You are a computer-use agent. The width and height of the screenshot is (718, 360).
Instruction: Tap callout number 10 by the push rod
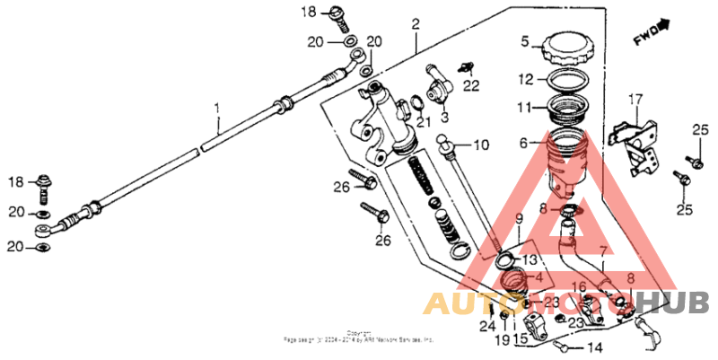(x=481, y=144)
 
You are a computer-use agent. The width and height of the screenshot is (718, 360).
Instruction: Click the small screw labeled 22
(x=465, y=66)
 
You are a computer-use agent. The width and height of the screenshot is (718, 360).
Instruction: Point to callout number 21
(x=423, y=122)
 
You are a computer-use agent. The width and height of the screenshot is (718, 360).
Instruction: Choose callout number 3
(x=442, y=116)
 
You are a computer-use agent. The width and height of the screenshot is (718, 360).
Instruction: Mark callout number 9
(x=519, y=220)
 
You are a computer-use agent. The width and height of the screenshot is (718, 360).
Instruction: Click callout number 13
(x=530, y=260)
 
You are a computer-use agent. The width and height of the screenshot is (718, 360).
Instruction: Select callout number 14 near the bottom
(x=595, y=347)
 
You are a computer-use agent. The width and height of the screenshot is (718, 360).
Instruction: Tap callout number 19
(x=503, y=340)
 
